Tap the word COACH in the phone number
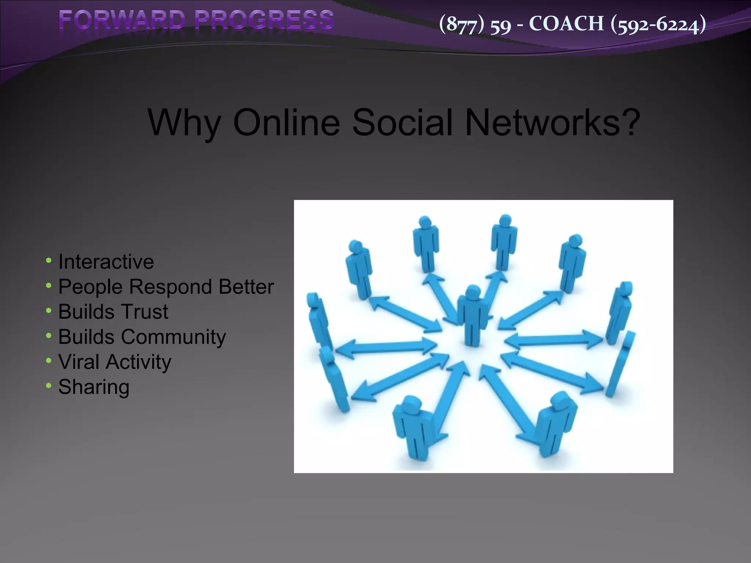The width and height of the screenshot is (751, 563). click(x=566, y=24)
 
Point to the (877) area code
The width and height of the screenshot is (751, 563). click(x=462, y=24)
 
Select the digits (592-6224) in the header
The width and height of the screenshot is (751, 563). click(x=658, y=24)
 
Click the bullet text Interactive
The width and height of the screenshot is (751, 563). click(x=106, y=262)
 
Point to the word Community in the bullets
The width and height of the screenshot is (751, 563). click(x=173, y=337)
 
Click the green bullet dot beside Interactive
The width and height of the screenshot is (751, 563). click(x=49, y=261)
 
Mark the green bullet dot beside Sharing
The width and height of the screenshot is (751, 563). click(x=49, y=386)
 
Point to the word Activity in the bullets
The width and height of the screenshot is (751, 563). click(x=139, y=362)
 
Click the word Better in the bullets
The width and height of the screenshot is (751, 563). click(x=246, y=287)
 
